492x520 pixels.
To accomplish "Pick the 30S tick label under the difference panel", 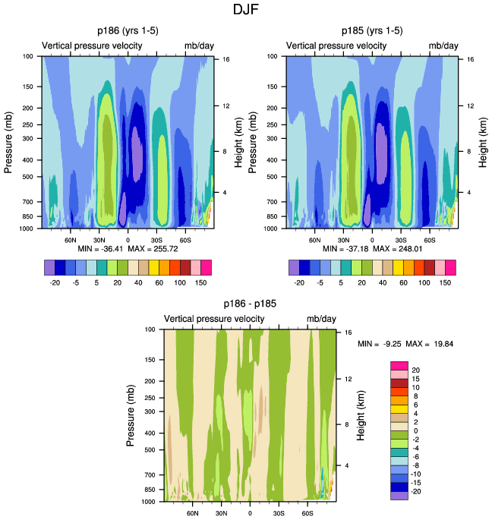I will pos(279,512).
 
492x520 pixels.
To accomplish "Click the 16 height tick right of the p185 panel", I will pos(471,58).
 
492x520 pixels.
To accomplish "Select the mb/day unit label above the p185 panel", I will pos(443,46).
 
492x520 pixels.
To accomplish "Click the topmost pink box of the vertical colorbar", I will pos(399,366).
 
